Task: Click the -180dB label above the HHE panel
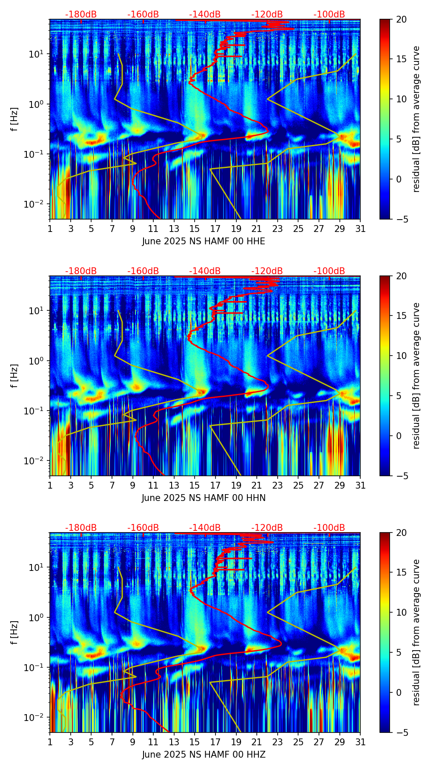pos(81,14)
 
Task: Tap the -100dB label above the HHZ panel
pos(329,528)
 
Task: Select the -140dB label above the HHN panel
pos(205,271)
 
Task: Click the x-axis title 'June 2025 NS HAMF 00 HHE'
pos(204,241)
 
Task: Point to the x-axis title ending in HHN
pos(204,498)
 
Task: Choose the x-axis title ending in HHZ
pos(204,755)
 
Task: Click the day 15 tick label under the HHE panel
pos(195,229)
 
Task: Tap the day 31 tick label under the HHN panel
pos(360,486)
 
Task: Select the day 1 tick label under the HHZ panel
pos(50,742)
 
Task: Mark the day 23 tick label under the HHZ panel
pos(278,742)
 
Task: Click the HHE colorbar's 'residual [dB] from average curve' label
pos(416,119)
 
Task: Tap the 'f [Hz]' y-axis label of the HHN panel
pos(14,376)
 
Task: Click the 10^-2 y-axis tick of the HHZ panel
pos(37,718)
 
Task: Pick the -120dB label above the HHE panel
pos(267,14)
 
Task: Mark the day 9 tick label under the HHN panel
pos(132,486)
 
